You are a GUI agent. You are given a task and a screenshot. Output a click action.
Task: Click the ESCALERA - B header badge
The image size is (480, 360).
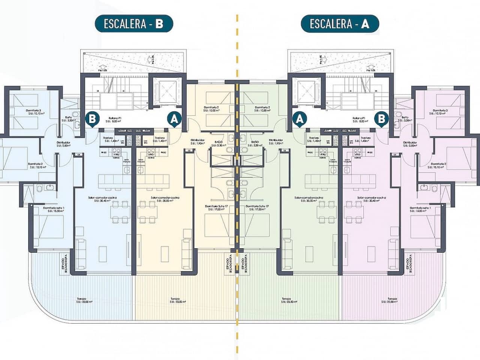coord(133,24)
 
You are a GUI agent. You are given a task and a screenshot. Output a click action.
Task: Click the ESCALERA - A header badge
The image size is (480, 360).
coord(340,24)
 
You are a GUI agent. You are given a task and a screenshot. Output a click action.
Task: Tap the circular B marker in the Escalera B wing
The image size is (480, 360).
coord(92,119)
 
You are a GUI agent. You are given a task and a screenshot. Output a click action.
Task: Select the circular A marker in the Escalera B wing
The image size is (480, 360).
coord(174,119)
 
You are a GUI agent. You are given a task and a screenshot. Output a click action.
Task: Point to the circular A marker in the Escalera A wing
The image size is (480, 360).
coord(299,119)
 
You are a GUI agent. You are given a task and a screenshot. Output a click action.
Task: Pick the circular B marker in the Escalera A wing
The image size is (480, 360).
coord(382,119)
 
